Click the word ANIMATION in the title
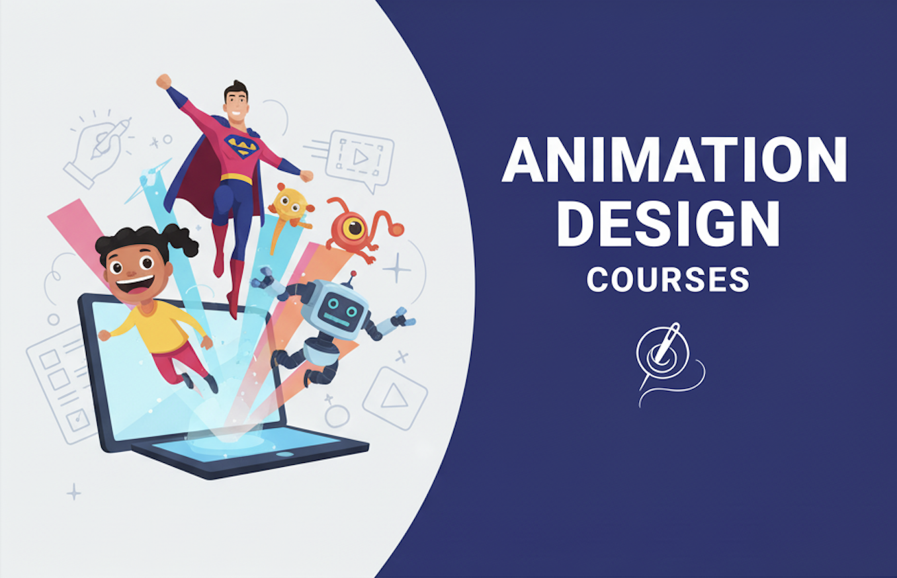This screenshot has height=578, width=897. (674, 159)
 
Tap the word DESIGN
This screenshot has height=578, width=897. (668, 224)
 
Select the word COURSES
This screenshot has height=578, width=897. (668, 279)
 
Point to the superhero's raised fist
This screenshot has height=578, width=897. (163, 81)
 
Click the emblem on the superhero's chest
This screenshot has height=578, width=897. (241, 145)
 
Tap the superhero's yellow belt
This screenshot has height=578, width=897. (236, 179)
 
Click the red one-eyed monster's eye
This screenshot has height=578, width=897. (355, 228)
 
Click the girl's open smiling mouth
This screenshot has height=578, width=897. (135, 284)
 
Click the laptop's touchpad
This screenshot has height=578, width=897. (284, 454)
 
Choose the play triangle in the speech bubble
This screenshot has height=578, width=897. (360, 157)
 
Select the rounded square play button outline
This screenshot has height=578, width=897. (395, 398)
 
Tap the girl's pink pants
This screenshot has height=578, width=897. (175, 362)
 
